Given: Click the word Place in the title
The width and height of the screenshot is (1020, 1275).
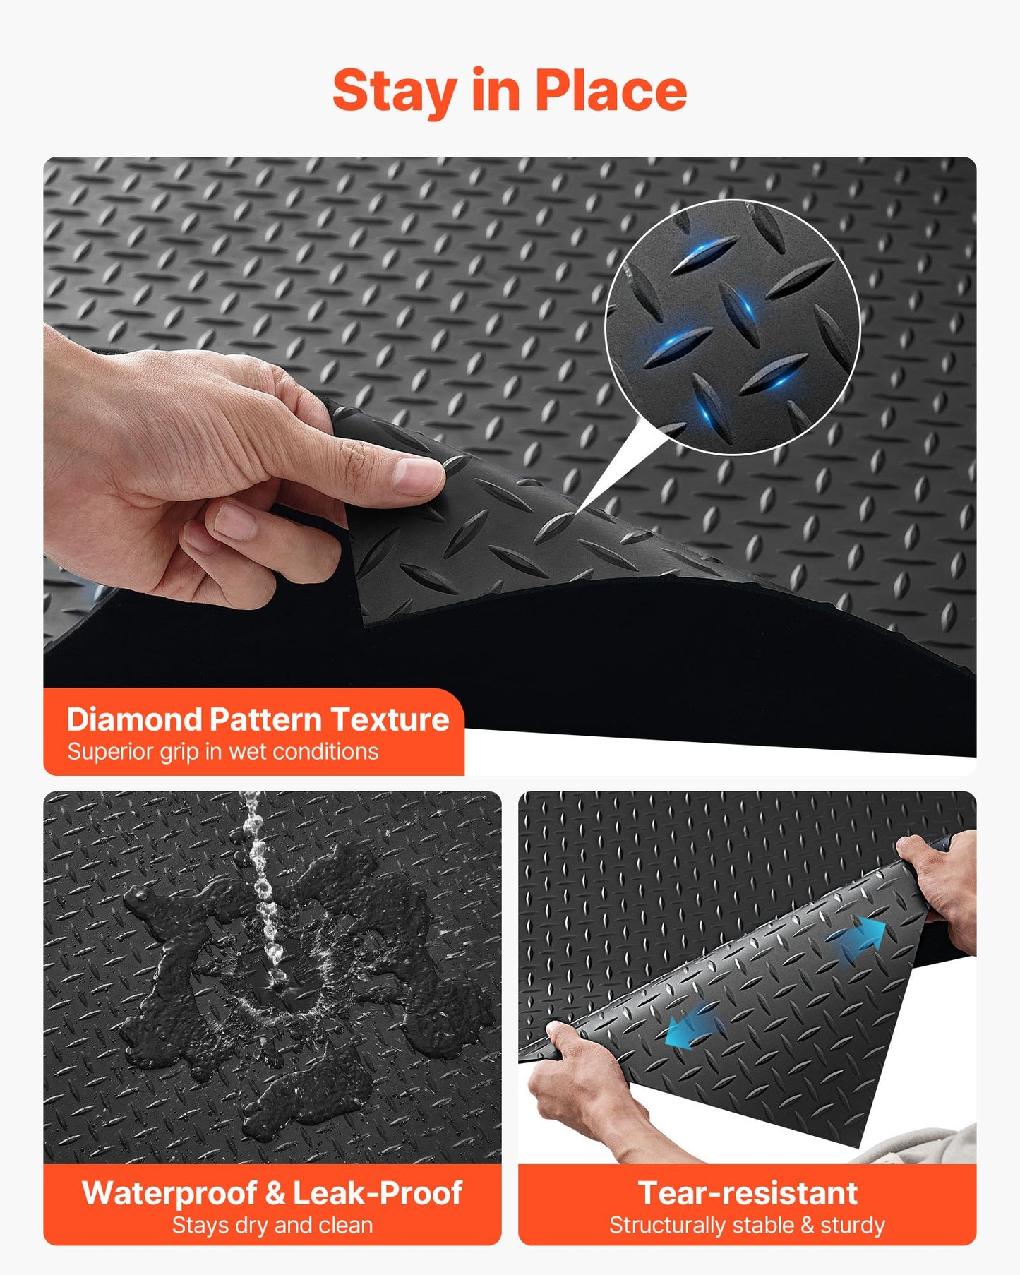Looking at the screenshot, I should (611, 92).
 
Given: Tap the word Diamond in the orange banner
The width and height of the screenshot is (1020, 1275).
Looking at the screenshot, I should (134, 719).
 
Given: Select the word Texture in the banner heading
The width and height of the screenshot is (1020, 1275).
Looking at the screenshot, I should (390, 719).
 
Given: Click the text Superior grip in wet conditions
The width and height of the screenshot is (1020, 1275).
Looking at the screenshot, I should (223, 751).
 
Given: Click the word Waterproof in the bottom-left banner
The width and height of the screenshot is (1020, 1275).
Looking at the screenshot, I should (169, 1193).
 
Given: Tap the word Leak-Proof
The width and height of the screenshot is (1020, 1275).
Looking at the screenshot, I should (378, 1193).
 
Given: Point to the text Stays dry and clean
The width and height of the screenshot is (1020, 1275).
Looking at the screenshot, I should (272, 1225).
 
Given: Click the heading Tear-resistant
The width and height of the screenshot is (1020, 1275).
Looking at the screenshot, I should (748, 1193).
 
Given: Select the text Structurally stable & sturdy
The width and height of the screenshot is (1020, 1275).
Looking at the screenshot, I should (748, 1225).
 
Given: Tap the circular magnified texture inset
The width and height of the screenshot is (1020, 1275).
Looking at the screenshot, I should (732, 327).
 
